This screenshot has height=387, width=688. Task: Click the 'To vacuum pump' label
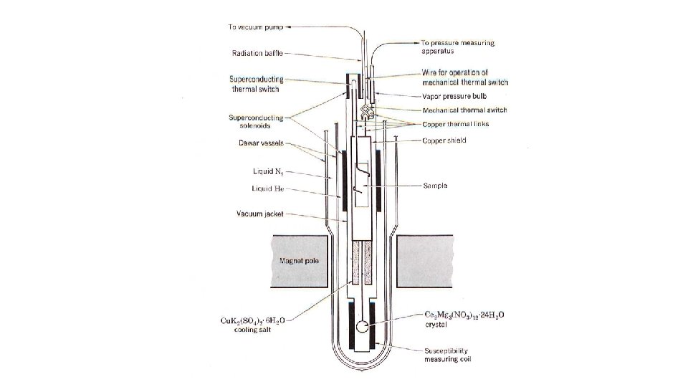click(x=254, y=27)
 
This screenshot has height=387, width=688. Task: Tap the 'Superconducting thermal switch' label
click(x=256, y=84)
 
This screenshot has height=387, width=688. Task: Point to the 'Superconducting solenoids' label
click(x=255, y=121)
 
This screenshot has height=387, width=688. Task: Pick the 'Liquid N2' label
click(x=268, y=172)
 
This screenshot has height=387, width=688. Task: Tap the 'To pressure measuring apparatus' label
click(x=457, y=47)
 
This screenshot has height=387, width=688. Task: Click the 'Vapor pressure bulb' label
click(x=454, y=95)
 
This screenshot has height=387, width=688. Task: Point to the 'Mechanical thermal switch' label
click(x=464, y=110)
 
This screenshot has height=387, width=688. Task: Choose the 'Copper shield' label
click(x=444, y=140)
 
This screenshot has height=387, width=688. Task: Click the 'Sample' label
click(x=435, y=185)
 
